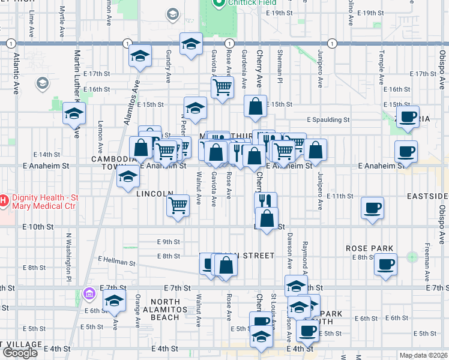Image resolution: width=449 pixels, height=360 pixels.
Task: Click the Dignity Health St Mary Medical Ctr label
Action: coord(45,199)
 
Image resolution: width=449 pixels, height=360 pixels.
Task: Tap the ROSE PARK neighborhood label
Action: coord(369,248)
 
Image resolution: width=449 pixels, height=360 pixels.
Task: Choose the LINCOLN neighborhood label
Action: coord(155,194)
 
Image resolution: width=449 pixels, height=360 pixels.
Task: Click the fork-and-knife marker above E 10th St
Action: coord(265,201)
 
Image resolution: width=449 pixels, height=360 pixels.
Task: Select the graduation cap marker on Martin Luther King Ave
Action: coord(74,113)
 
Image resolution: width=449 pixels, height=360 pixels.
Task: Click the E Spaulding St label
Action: coord(328,119)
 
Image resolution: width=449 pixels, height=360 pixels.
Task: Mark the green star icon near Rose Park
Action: coord(412,257)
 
